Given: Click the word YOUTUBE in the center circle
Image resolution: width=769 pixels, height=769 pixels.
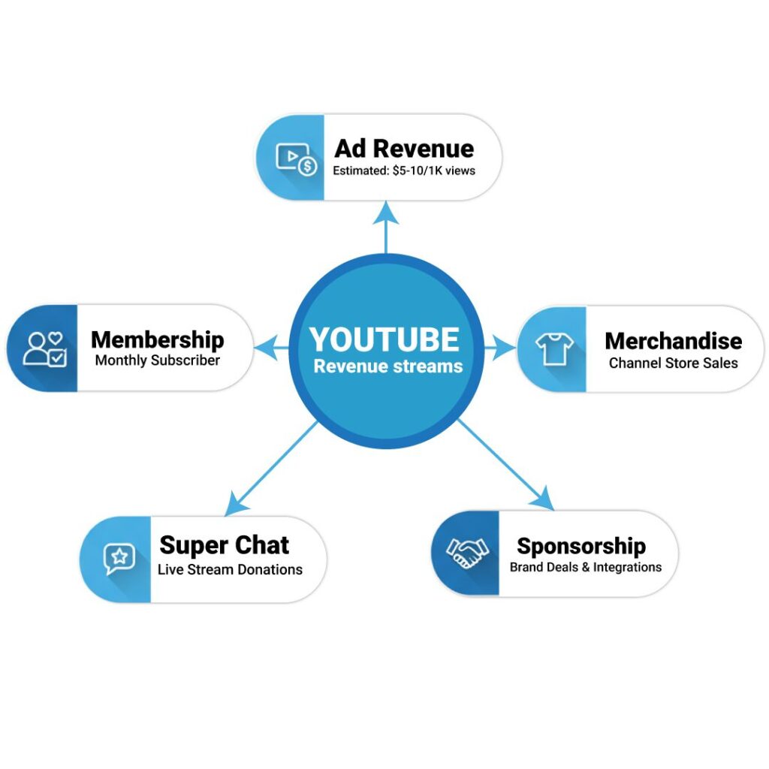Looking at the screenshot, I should point(384,339).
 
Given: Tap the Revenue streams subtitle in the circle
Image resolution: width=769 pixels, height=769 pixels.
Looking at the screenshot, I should point(388,366).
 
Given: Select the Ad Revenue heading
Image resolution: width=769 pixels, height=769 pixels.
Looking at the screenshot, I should point(404,148).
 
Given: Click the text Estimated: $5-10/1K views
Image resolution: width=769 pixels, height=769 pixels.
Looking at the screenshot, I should point(404,170).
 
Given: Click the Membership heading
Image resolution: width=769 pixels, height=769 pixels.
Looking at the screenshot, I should point(158,339).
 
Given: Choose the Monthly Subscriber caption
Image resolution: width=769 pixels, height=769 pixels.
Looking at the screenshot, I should point(158,360).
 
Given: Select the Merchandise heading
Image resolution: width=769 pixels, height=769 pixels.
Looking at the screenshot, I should point(673,341).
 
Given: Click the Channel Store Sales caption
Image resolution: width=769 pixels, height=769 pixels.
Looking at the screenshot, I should point(673,363).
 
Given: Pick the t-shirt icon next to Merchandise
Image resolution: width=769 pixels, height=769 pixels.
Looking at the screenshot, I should point(554,348).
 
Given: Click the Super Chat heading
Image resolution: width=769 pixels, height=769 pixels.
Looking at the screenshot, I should point(225,544).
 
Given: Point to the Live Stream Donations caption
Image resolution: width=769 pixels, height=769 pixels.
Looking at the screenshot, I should point(230,569).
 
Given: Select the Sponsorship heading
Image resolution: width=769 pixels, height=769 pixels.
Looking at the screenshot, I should point(581,545).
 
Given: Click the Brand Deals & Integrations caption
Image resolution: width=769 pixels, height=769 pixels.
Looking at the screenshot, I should point(586,567).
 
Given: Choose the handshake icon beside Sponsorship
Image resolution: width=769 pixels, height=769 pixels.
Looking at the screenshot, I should point(467,553).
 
